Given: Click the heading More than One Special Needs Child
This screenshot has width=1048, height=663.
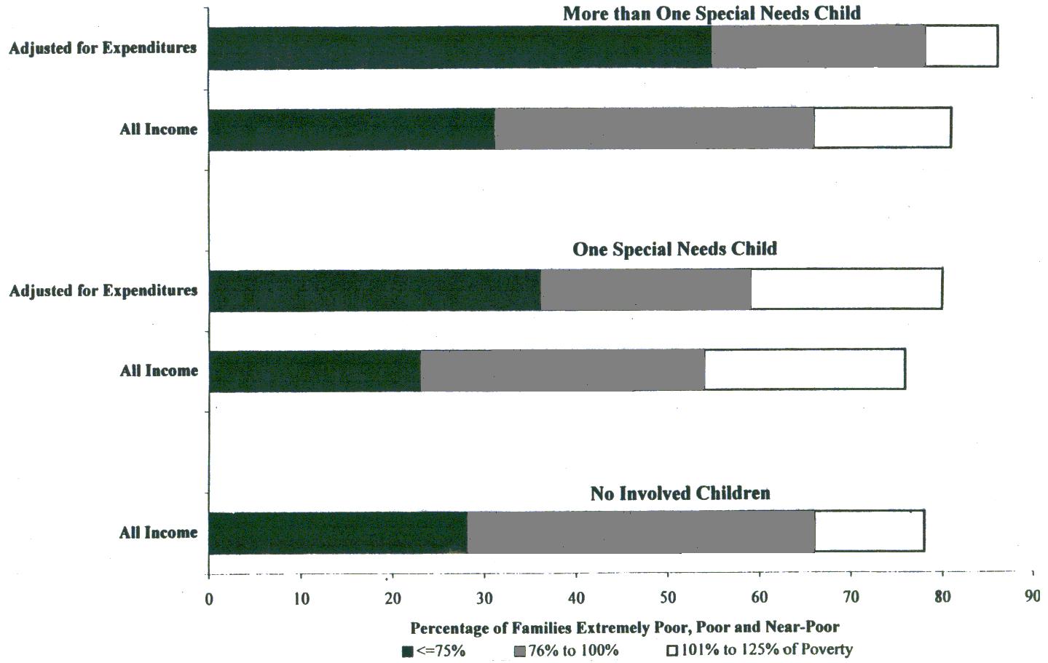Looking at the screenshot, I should pos(712,13).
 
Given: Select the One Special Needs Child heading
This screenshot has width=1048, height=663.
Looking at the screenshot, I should pos(674,249).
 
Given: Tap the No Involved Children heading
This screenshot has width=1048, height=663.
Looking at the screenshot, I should pos(679,493).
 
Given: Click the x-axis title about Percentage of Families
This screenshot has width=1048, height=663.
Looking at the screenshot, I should pos(625,627).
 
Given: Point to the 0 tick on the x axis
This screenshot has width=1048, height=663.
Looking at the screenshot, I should pos(209,600).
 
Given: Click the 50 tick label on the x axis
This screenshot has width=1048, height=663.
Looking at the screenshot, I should pos(667,598).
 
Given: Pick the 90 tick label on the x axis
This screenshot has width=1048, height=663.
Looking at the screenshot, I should pos(1032,597).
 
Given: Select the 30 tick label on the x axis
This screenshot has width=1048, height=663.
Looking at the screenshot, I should pos(484,599).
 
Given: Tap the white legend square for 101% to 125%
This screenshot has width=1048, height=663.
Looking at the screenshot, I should pos(673,651).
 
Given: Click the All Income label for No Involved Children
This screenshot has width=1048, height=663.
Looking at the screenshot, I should pos(158,533).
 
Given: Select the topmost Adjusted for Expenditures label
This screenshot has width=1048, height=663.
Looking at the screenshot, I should pos(103,48).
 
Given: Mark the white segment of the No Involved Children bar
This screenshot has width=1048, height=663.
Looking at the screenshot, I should pos(869,532).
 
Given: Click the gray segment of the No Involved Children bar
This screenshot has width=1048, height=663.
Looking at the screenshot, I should pos(641,533).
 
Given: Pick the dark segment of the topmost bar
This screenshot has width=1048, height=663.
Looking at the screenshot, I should pos(460,48).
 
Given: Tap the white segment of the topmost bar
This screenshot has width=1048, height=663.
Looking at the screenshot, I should pos(961,46).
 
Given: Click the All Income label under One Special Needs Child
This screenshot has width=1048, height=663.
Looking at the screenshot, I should pos(159,371).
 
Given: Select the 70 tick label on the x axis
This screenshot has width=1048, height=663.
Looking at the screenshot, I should pos(851,598).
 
